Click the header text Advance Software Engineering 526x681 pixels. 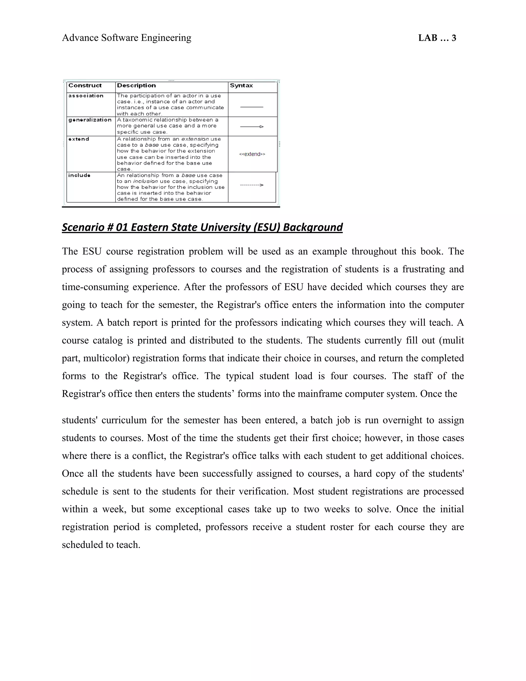(x=127, y=38)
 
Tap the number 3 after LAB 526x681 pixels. (x=454, y=38)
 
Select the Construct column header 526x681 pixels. (x=85, y=85)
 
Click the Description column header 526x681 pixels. (x=136, y=85)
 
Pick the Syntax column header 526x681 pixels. (x=241, y=85)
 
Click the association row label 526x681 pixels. (x=86, y=96)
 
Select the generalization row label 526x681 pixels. (x=90, y=120)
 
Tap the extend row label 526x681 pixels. (x=79, y=139)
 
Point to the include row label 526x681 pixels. (x=79, y=175)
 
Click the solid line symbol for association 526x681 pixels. (x=252, y=107)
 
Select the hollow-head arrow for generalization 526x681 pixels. (x=252, y=127)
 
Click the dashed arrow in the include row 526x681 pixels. (x=252, y=185)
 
